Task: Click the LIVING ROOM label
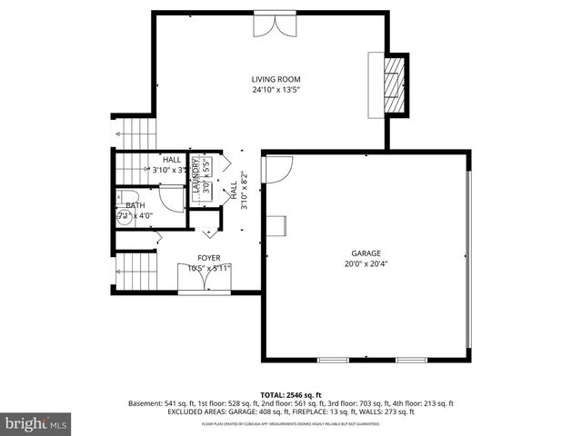pos(276,79)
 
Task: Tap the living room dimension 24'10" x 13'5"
pos(276,90)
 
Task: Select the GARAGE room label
pos(366,253)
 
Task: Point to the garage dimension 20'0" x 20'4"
pos(366,264)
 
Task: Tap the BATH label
pos(123,206)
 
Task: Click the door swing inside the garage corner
pos(276,168)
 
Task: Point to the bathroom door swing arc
pos(170,199)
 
